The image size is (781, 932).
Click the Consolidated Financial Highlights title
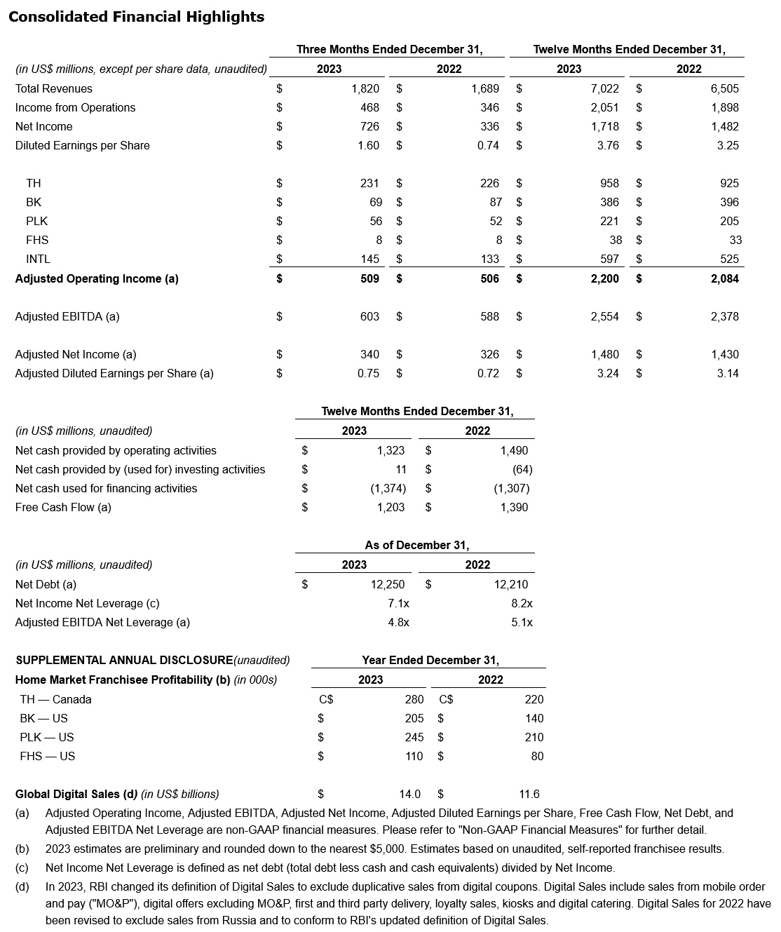point(136,17)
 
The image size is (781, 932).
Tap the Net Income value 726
point(369,126)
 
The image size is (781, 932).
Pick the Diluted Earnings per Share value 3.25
point(728,145)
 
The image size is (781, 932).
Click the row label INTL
point(38,259)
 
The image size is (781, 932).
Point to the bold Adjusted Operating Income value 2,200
point(604,278)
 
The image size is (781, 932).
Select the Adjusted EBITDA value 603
point(369,316)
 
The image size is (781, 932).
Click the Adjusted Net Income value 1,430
point(724,354)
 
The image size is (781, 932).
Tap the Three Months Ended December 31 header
point(389,49)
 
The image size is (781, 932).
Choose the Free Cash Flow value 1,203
point(390,507)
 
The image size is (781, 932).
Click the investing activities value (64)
point(517,469)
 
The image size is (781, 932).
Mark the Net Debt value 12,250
point(388,584)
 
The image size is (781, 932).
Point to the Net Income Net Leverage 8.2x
point(522,603)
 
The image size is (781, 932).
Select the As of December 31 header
point(417,545)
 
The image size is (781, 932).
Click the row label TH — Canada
point(55,699)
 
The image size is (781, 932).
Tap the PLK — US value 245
point(414,737)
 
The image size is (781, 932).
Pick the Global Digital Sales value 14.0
point(409,794)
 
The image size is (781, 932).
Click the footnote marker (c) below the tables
point(22,867)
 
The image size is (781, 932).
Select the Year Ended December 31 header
point(430,660)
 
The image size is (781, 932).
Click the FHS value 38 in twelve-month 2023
point(616,240)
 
